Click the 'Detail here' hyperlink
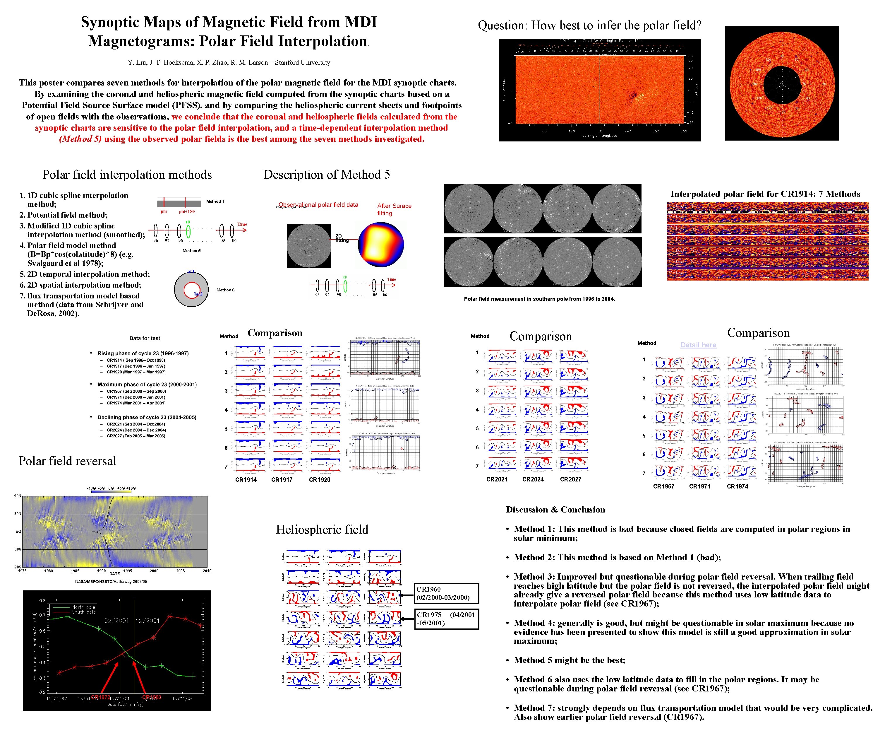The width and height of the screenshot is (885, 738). pyautogui.click(x=698, y=345)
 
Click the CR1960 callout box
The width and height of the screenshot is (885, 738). pyautogui.click(x=446, y=593)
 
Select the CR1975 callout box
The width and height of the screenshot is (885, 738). pyautogui.click(x=446, y=619)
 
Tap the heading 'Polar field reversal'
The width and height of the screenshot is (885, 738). pyautogui.click(x=67, y=461)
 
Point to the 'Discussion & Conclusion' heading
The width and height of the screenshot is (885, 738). pyautogui.click(x=555, y=510)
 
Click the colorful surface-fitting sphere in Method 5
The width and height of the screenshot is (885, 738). pyautogui.click(x=380, y=245)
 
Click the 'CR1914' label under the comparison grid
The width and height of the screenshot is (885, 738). pyautogui.click(x=246, y=479)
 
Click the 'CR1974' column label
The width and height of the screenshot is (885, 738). pyautogui.click(x=737, y=486)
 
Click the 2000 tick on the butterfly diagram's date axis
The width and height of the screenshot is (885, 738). pyautogui.click(x=154, y=571)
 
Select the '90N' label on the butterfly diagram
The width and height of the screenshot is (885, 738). pyautogui.click(x=17, y=496)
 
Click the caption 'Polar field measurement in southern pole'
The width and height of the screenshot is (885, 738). pyautogui.click(x=539, y=299)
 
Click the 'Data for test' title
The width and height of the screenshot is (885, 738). pyautogui.click(x=145, y=338)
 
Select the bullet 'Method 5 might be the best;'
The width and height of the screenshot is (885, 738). pyautogui.click(x=569, y=660)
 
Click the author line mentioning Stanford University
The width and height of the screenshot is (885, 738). pyautogui.click(x=229, y=62)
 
